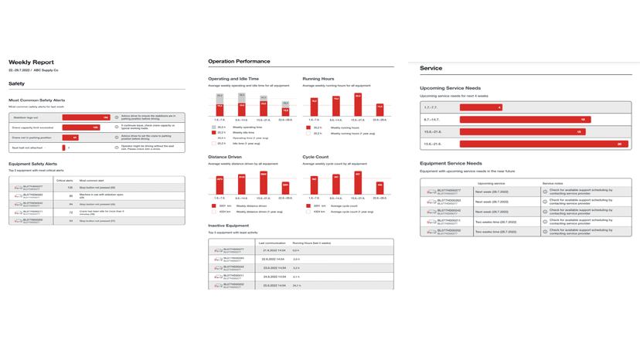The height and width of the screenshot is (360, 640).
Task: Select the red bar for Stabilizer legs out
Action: [86, 117]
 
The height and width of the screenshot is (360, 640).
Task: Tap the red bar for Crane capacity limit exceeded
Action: [81, 127]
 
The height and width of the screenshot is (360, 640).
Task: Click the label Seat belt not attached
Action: [28, 148]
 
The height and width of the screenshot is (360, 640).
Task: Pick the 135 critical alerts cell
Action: [70, 188]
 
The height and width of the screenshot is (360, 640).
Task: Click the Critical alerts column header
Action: [65, 180]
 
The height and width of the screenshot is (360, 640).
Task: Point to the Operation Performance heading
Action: [239, 61]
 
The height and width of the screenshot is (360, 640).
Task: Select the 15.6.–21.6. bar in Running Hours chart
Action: [358, 106]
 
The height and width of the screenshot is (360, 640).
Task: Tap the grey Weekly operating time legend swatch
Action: [214, 127]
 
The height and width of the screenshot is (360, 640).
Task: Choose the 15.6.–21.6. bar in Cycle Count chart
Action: [358, 184]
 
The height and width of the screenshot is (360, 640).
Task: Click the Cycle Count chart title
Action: [316, 157]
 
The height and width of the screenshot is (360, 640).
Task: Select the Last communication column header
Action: [271, 243]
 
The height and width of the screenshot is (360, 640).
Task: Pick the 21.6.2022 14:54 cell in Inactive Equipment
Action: [274, 250]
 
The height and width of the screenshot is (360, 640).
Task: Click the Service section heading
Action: [431, 69]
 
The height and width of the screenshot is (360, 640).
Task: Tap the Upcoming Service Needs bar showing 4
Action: [481, 107]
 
